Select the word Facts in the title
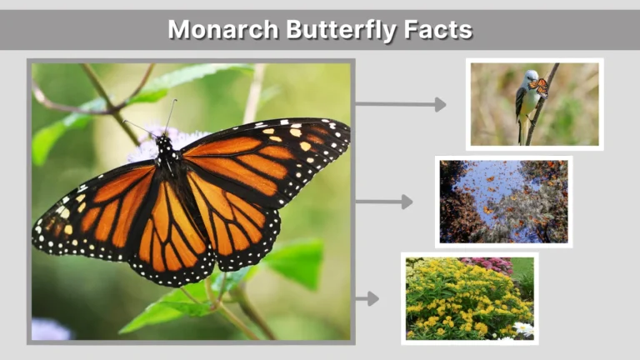(441, 30)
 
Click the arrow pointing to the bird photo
(400, 104)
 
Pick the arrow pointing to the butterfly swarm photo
(383, 202)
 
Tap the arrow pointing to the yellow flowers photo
(367, 298)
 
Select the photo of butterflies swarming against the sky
(503, 202)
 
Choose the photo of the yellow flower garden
(469, 298)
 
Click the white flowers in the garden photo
(523, 329)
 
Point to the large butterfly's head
(165, 143)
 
